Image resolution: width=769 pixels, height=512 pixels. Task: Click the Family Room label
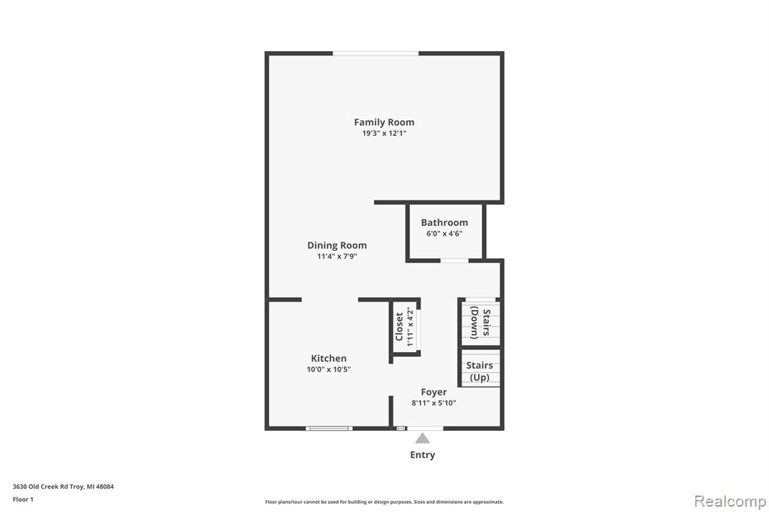click(x=384, y=122)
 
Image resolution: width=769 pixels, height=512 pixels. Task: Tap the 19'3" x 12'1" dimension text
click(x=384, y=134)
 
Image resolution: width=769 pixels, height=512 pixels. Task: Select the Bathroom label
click(x=445, y=222)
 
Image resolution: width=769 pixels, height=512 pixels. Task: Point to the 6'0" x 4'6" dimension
click(x=445, y=233)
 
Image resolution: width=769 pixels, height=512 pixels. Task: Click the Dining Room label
click(x=337, y=245)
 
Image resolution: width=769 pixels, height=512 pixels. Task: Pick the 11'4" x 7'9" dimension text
click(x=337, y=257)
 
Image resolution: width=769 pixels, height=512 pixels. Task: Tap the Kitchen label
click(x=329, y=359)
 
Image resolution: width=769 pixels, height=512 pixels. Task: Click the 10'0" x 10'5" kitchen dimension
click(x=329, y=369)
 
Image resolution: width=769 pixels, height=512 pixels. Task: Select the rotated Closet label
click(x=400, y=327)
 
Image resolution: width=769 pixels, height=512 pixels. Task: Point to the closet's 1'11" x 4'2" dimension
click(x=411, y=327)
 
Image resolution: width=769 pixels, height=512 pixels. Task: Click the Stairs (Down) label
click(x=480, y=323)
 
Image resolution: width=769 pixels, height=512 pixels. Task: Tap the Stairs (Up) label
click(x=480, y=372)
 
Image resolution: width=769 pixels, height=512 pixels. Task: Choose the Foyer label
click(x=433, y=392)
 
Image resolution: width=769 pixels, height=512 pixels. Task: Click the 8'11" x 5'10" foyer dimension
click(x=433, y=403)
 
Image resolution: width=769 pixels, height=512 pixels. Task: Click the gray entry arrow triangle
click(x=422, y=438)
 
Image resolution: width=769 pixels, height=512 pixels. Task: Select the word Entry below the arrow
click(x=422, y=455)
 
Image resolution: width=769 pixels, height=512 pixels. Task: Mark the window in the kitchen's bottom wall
click(x=329, y=429)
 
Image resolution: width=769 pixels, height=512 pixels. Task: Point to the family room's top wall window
click(x=375, y=53)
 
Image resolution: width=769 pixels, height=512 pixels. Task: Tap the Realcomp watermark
click(x=730, y=501)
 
